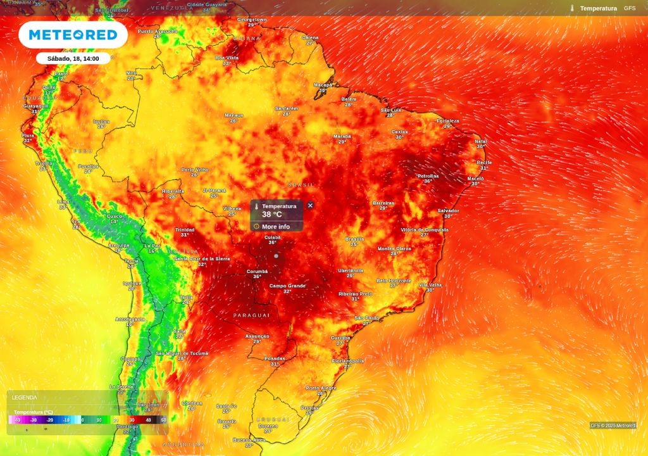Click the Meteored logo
73,35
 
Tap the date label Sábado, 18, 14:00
73,58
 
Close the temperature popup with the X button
310,205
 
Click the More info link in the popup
275,226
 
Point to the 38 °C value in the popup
272,215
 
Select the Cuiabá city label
273,237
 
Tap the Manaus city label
234,115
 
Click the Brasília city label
354,239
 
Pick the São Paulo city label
366,317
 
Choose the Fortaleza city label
447,120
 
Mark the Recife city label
484,163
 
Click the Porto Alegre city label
321,388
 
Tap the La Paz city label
152,246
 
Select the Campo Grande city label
287,286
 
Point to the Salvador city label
448,210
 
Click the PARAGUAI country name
251,315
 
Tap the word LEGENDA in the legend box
25,398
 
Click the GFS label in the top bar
630,8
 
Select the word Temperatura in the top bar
598,8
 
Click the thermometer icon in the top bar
572,8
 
